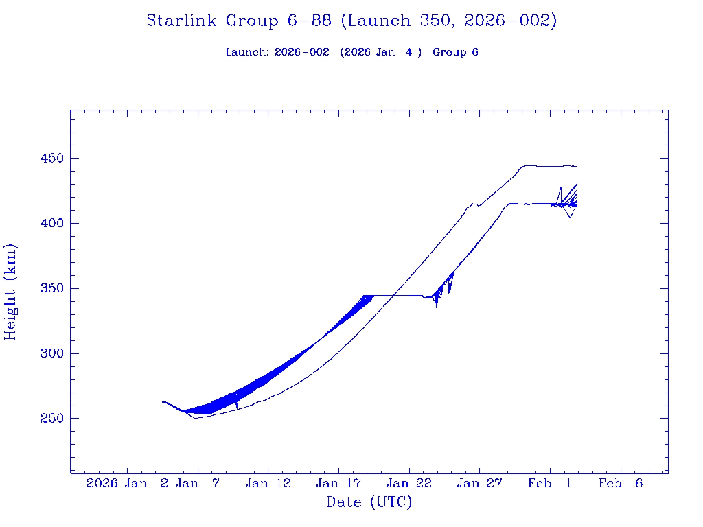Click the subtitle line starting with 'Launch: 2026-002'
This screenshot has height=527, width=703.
point(351,53)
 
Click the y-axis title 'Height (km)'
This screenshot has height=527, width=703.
point(10,292)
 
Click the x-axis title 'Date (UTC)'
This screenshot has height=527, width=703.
point(369,502)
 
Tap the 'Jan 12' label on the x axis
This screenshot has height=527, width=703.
point(268,484)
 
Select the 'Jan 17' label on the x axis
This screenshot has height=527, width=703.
point(338,484)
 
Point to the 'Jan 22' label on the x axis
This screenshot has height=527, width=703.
point(409,484)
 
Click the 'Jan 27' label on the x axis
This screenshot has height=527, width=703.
point(479,484)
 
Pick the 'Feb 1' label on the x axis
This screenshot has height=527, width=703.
point(549,484)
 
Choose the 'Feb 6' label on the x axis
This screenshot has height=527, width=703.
point(620,484)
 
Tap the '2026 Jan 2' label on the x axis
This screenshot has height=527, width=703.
point(128,484)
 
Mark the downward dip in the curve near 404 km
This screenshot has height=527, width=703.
point(570,218)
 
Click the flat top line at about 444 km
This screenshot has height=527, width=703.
point(549,166)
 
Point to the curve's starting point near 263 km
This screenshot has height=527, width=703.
point(163,401)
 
